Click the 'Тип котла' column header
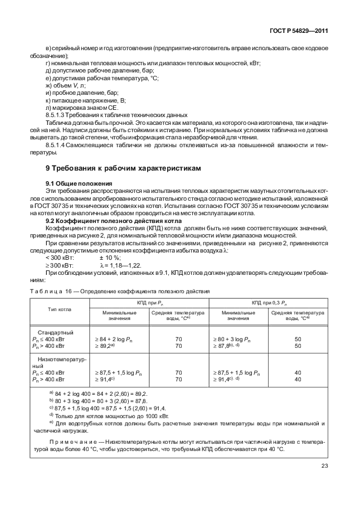coord(60,309)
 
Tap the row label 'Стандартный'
coord(55,332)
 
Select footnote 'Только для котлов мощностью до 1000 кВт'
coord(110,415)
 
